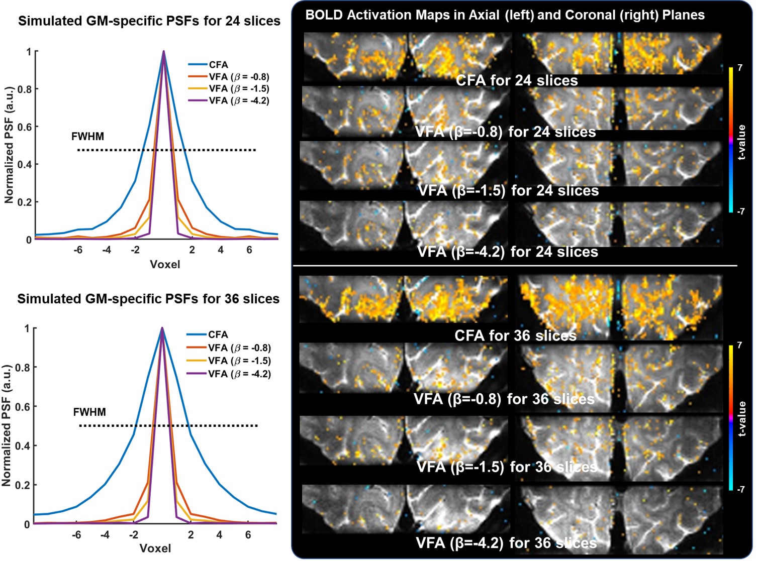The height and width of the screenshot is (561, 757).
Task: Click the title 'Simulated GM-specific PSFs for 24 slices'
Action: pyautogui.click(x=149, y=21)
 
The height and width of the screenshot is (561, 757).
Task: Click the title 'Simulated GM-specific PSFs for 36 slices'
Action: pyautogui.click(x=148, y=299)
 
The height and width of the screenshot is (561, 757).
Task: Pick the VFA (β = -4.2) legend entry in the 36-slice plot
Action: pyautogui.click(x=239, y=374)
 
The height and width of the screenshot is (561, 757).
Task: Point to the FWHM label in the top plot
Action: pyautogui.click(x=87, y=137)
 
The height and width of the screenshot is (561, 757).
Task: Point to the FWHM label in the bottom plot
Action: pyautogui.click(x=89, y=412)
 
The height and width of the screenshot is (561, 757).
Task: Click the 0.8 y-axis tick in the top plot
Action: pyautogui.click(x=24, y=89)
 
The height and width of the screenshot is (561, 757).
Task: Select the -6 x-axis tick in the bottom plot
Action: pyautogui.click(x=76, y=535)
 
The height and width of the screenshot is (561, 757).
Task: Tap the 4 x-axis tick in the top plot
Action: pyautogui.click(x=221, y=250)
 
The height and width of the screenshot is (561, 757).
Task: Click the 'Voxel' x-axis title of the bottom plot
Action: pyautogui.click(x=155, y=548)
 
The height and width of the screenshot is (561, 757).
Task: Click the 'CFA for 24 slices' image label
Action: pyautogui.click(x=517, y=81)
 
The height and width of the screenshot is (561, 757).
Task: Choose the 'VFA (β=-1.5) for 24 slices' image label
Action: pyautogui.click(x=508, y=191)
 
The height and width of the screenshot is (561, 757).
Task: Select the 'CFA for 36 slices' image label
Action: pyautogui.click(x=515, y=335)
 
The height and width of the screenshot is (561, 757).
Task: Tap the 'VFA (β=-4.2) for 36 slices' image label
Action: pyautogui.click(x=506, y=543)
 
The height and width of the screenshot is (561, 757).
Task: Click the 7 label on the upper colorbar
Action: pyautogui.click(x=740, y=68)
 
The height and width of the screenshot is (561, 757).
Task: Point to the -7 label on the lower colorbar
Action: pyautogui.click(x=741, y=489)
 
